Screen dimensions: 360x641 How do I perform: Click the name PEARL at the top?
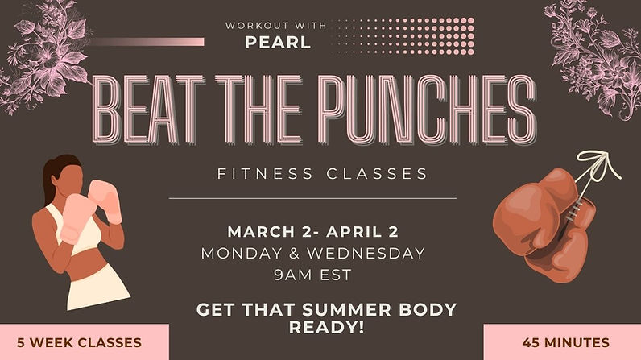coord(277,42)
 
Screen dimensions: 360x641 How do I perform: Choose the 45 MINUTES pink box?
coord(564,342)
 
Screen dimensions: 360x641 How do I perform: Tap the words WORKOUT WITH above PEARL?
coord(277,25)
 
